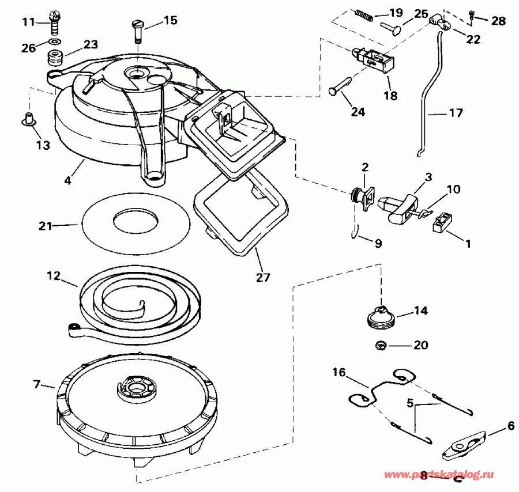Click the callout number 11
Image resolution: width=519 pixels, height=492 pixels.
(28, 22)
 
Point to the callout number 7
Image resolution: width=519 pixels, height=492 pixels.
(37, 384)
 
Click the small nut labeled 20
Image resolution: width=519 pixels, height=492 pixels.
(381, 346)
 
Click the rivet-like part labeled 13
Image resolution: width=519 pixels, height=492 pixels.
(27, 120)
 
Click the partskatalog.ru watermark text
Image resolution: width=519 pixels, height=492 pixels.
(443, 474)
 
